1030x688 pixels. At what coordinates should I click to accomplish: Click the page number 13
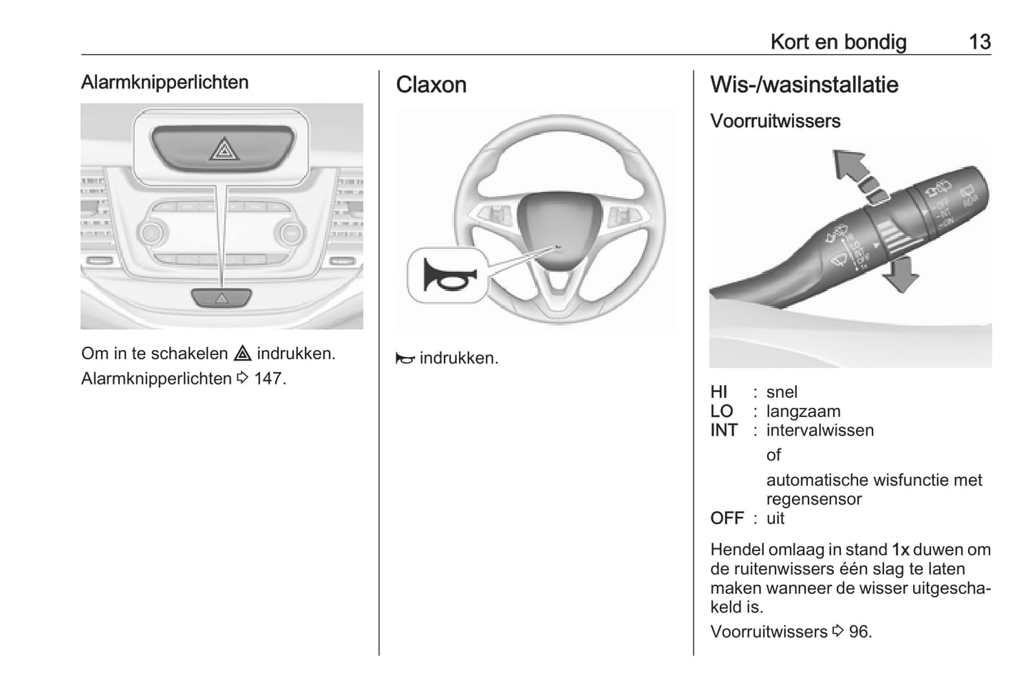[979, 42]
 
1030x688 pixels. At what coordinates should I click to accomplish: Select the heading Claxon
[431, 85]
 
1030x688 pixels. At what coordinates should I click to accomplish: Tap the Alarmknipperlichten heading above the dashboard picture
[165, 82]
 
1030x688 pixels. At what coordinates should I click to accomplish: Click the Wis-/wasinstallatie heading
[804, 85]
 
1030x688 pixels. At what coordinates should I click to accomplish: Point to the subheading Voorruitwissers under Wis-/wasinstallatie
[775, 121]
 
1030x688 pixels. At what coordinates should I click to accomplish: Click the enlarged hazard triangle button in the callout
[223, 150]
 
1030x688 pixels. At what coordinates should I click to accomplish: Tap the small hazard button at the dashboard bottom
[222, 298]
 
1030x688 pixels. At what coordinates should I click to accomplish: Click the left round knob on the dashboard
[152, 232]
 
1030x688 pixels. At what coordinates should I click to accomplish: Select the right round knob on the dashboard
[290, 232]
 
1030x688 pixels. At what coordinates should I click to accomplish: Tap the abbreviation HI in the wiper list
[719, 392]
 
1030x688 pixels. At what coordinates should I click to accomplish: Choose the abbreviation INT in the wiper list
[723, 431]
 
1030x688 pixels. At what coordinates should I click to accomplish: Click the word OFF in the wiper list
[726, 518]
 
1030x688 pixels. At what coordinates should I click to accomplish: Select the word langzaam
[803, 411]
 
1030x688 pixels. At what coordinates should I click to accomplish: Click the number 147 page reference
[268, 379]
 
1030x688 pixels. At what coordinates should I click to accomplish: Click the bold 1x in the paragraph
[900, 550]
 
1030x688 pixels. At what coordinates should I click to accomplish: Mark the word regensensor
[813, 499]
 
